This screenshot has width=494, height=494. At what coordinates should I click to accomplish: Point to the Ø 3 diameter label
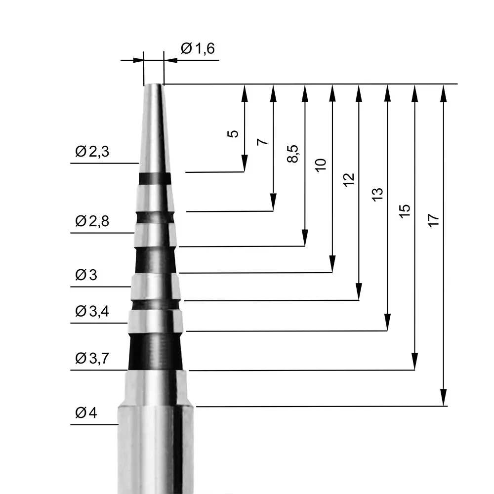(x=86, y=276)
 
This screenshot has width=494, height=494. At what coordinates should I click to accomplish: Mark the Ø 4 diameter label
(x=86, y=412)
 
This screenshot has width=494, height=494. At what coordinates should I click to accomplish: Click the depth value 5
(x=234, y=133)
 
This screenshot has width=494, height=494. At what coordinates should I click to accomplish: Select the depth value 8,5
(x=293, y=154)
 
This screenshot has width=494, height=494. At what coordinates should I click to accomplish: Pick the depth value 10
(x=321, y=165)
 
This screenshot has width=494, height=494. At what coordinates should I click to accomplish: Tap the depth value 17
(x=433, y=221)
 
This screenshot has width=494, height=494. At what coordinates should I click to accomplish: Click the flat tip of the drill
(x=153, y=85)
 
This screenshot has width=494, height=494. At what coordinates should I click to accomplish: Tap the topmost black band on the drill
(x=155, y=178)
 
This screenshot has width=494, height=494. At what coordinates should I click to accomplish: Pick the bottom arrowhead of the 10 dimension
(x=332, y=264)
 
